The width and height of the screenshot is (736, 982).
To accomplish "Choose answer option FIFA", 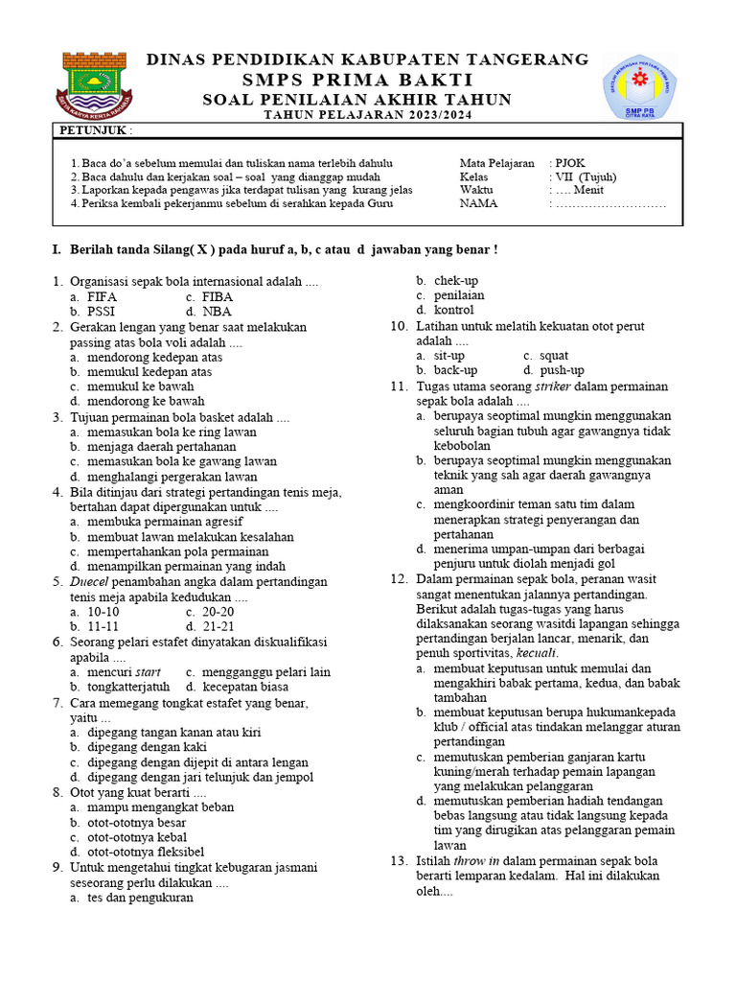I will [102, 297].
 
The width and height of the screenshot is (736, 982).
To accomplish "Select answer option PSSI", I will [101, 312].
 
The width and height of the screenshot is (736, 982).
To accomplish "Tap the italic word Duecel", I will [90, 582].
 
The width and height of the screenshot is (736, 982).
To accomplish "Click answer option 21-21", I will [218, 626].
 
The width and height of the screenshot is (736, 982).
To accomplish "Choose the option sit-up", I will [448, 355].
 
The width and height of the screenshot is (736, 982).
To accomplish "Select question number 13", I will [399, 861].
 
